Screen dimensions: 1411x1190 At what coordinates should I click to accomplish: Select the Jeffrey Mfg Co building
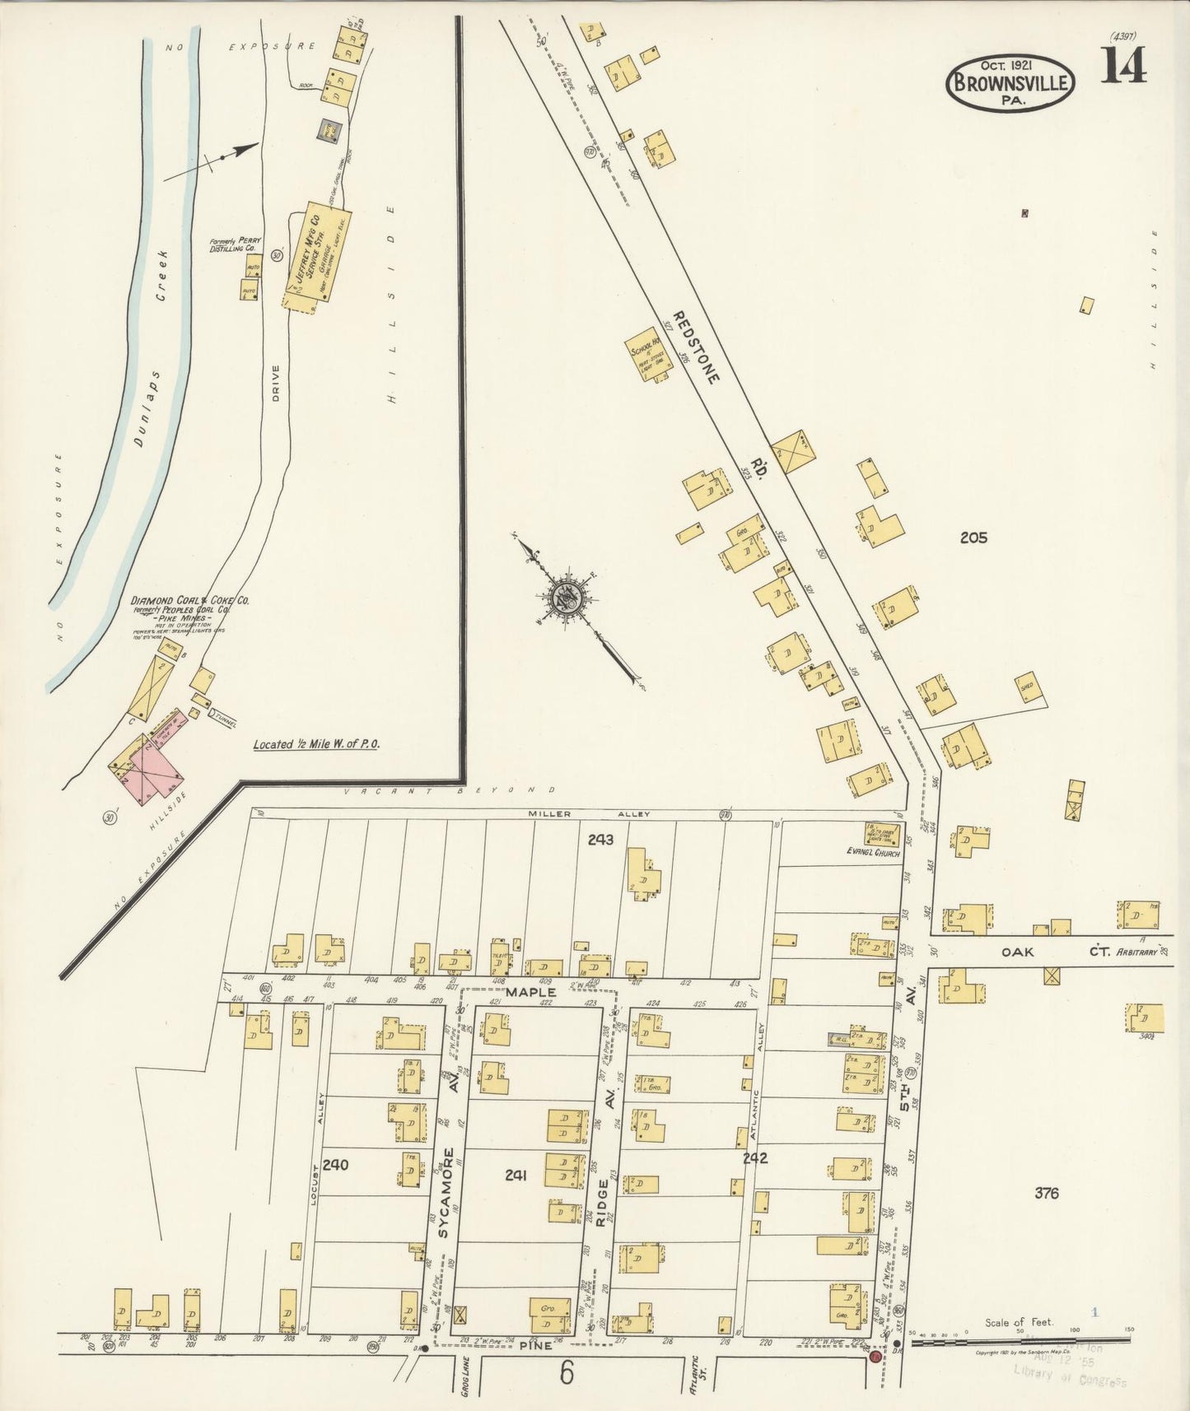pos(314,256)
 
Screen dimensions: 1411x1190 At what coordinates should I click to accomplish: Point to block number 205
pos(973,538)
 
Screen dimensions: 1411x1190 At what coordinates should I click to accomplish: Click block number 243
pos(600,840)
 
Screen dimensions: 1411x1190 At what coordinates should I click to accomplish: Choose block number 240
pos(336,1165)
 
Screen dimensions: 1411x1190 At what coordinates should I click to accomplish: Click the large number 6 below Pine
pos(565,1372)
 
